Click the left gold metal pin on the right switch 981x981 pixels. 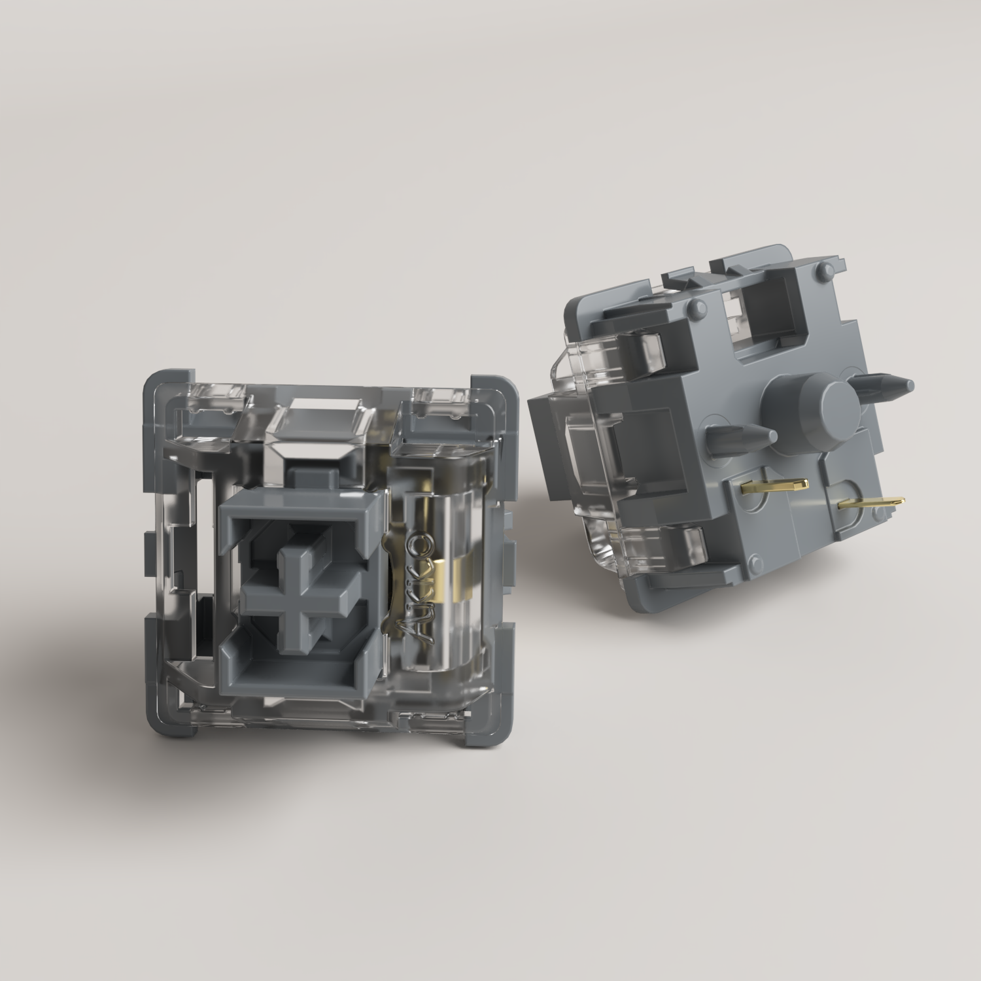tap(775, 485)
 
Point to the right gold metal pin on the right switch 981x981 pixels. tap(872, 502)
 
